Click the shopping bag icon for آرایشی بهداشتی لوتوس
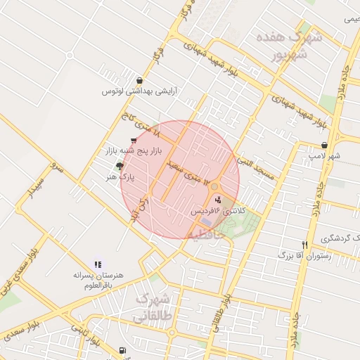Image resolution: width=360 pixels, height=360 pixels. coord(140,80)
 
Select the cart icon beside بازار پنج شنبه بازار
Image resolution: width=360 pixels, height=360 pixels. coord(134,140)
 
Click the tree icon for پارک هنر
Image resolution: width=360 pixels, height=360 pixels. coord(120,167)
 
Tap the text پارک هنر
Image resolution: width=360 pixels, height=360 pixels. coord(127,178)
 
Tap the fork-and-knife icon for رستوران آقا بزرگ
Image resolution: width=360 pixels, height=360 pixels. coord(304,245)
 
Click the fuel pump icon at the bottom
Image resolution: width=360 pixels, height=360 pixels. coord(123,350)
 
